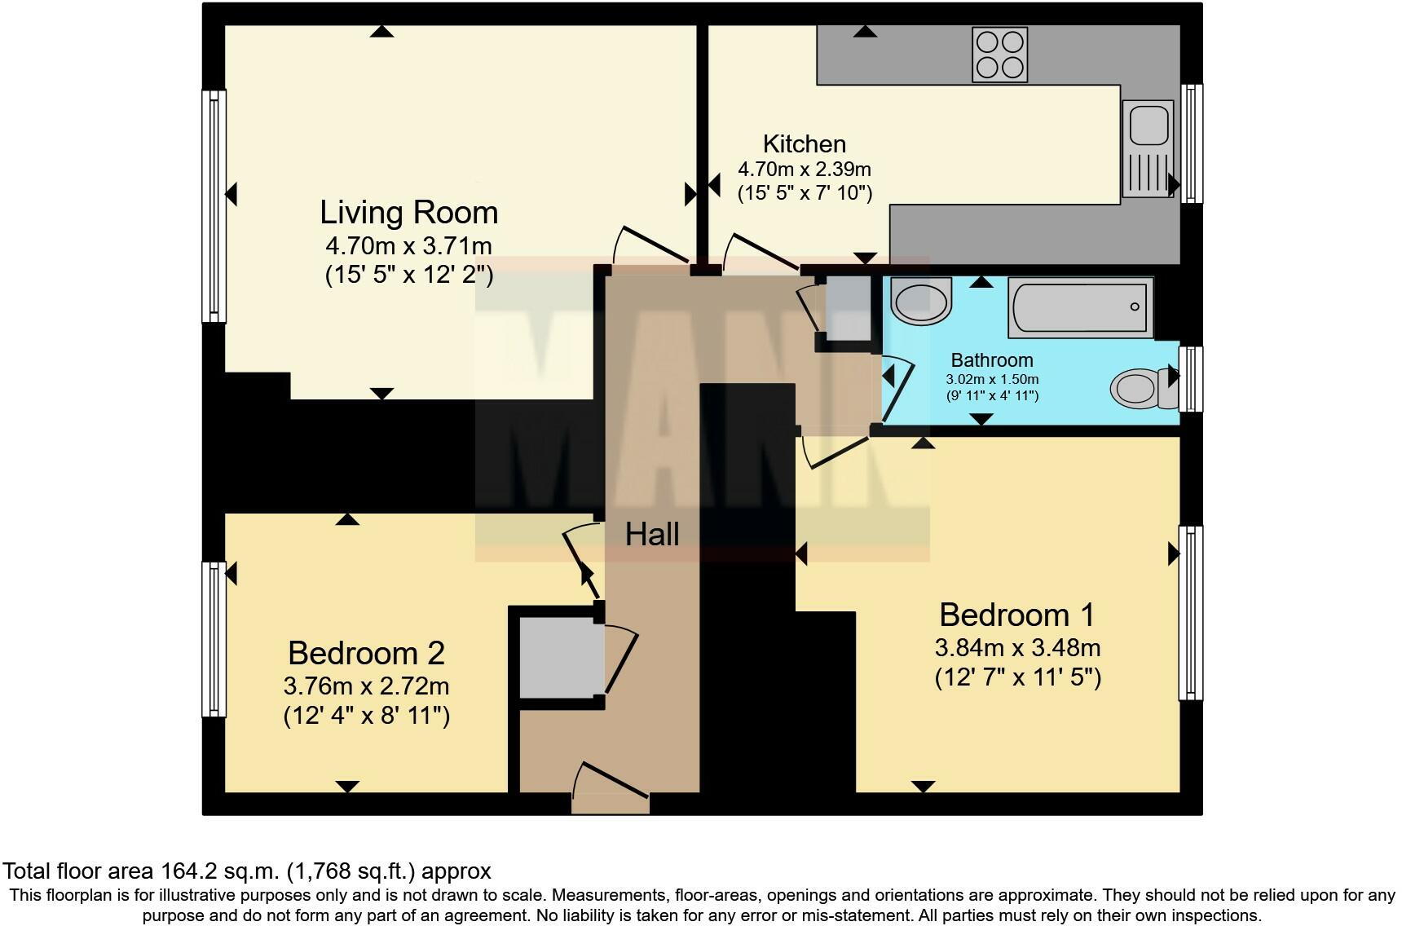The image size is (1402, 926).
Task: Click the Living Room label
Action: [x=408, y=212]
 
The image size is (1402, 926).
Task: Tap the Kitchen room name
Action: [x=805, y=143]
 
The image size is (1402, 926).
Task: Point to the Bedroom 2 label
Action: [x=366, y=653]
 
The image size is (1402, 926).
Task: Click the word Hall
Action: [x=652, y=535]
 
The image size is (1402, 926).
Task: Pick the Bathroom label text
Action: [x=992, y=360]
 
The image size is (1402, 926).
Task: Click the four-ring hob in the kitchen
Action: [x=999, y=55]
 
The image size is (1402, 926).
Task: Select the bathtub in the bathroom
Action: [x=1081, y=307]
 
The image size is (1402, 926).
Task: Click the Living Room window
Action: [x=214, y=205]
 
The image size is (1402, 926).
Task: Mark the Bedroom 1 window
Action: [x=1191, y=612]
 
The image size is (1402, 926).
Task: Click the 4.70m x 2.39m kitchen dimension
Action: [x=805, y=170]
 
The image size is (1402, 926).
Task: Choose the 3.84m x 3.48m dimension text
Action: [x=1017, y=648]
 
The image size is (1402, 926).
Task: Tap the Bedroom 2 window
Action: [x=214, y=639]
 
